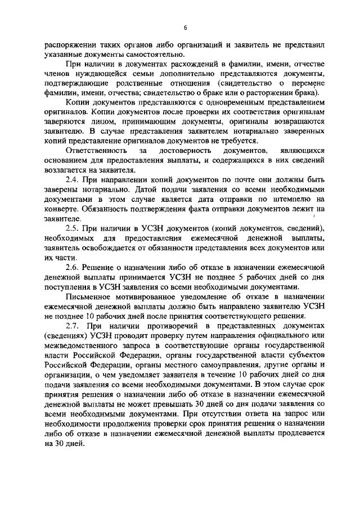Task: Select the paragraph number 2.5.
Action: (74, 228)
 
